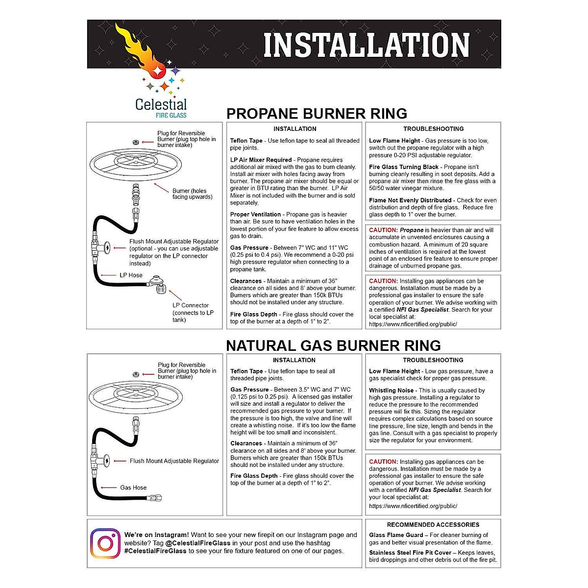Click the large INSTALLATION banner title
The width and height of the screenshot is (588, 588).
(x=367, y=45)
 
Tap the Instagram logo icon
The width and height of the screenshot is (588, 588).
(x=105, y=543)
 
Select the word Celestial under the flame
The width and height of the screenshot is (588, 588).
(x=161, y=104)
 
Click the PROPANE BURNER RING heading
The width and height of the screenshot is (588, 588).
(x=317, y=114)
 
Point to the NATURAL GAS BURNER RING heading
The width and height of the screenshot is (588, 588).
(x=333, y=345)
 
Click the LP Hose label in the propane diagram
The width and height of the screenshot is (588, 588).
(x=131, y=275)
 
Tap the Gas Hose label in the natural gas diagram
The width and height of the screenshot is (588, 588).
(x=133, y=488)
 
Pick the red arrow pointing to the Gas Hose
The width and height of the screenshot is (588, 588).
(x=108, y=488)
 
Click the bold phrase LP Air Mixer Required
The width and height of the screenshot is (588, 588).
(x=261, y=160)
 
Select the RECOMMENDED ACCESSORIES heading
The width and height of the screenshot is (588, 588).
(x=433, y=525)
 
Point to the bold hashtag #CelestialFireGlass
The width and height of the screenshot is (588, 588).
(x=155, y=551)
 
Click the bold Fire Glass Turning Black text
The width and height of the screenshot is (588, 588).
(x=404, y=167)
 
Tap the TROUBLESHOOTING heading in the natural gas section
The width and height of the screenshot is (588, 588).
(x=433, y=360)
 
